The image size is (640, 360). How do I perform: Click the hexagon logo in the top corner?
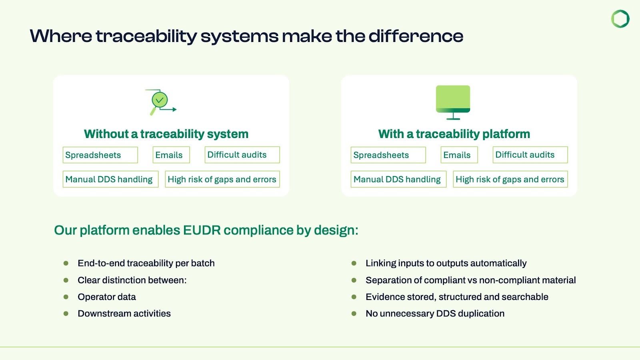tap(620, 19)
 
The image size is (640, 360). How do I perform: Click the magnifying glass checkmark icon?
tap(160, 101)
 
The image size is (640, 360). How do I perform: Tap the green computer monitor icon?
tap(453, 102)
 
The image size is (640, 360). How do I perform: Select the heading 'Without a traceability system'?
tap(166, 134)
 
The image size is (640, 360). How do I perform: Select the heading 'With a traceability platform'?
tap(454, 134)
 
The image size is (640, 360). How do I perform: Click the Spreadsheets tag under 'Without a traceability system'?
tap(100, 155)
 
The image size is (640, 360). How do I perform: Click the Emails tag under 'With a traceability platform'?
tap(459, 155)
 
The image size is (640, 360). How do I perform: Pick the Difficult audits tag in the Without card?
tap(242, 155)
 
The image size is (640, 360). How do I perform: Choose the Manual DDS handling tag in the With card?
tap(398, 179)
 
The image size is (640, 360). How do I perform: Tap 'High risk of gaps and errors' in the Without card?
tap(222, 179)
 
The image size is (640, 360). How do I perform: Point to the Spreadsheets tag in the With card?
tap(388, 155)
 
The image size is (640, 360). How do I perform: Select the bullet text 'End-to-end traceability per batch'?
tap(146, 263)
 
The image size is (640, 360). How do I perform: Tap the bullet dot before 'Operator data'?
tap(66, 297)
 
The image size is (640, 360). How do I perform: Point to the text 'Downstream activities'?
tap(124, 314)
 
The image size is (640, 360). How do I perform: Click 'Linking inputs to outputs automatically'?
tap(446, 263)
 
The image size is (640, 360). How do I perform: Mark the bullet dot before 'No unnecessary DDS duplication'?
tap(354, 314)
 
